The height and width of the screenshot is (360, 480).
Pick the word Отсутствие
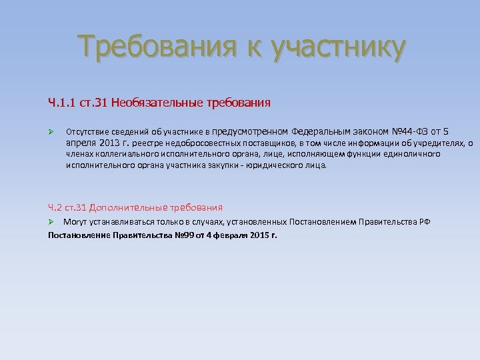point(86,131)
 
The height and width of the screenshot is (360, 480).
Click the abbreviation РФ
point(424,221)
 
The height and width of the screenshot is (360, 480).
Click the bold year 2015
point(259,235)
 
